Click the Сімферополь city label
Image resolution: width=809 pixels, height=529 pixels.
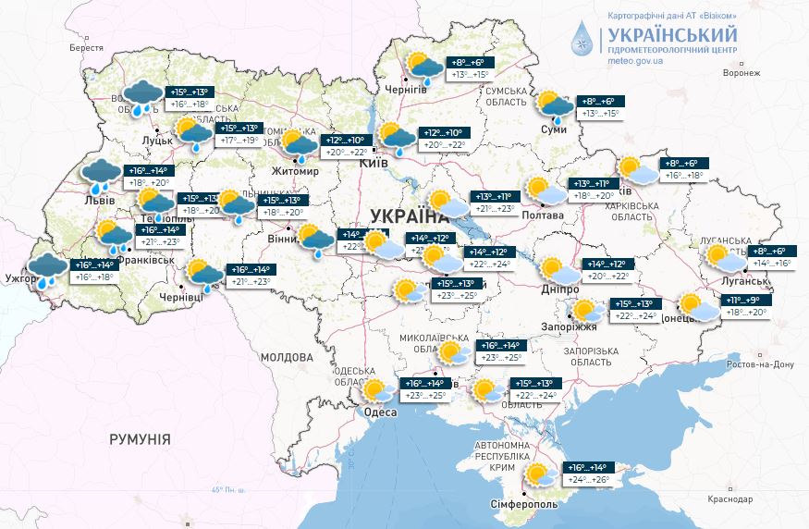click(523, 506)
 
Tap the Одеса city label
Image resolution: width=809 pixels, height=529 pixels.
click(378, 412)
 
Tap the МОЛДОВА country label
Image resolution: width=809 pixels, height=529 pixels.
click(287, 356)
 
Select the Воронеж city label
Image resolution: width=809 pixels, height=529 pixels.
click(742, 72)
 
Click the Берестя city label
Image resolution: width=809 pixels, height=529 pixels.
click(86, 47)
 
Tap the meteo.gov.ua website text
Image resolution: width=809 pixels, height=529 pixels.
click(637, 60)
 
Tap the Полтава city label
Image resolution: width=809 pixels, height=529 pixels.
click(543, 215)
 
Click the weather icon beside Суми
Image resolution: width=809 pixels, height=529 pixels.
click(556, 106)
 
